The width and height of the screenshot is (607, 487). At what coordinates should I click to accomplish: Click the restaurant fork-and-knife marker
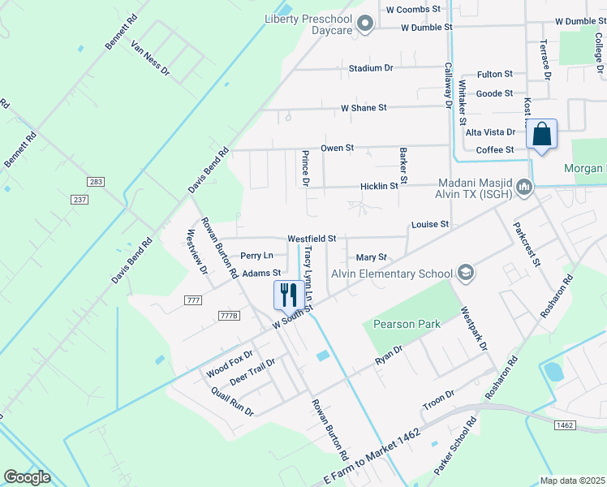[x=287, y=295]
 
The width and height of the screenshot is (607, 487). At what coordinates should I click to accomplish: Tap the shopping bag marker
[x=541, y=134]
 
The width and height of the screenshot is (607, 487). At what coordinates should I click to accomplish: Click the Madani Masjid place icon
[x=524, y=188]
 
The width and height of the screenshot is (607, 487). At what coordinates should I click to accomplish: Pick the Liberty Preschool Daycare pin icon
[x=364, y=24]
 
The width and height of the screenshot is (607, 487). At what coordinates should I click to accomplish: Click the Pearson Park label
[x=407, y=324]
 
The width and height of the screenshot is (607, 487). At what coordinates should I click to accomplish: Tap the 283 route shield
[x=97, y=181]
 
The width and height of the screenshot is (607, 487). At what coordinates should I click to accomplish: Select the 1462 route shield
[x=565, y=425]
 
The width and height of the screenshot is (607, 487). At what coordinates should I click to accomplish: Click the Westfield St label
[x=312, y=239]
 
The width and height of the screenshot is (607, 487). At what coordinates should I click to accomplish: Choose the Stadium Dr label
[x=371, y=68]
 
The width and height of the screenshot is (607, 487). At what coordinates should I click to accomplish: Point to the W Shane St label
[x=364, y=107]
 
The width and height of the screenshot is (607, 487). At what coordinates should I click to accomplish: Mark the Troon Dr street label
[x=438, y=399]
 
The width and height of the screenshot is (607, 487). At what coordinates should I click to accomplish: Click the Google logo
[x=27, y=477]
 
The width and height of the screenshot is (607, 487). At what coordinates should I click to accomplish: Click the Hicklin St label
[x=379, y=186]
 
